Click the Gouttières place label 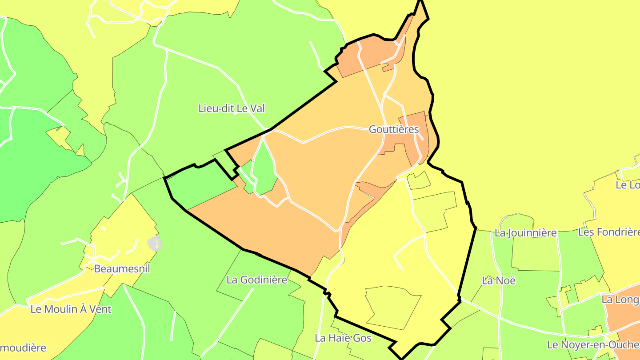(x=394, y=129)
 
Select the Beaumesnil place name (x=122, y=268)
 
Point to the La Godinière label (x=257, y=280)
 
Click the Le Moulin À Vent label (x=71, y=309)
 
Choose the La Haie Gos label (x=343, y=338)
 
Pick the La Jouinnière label (x=525, y=233)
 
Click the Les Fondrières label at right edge (x=609, y=232)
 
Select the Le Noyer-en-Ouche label (x=593, y=344)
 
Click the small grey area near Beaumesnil (x=154, y=244)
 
